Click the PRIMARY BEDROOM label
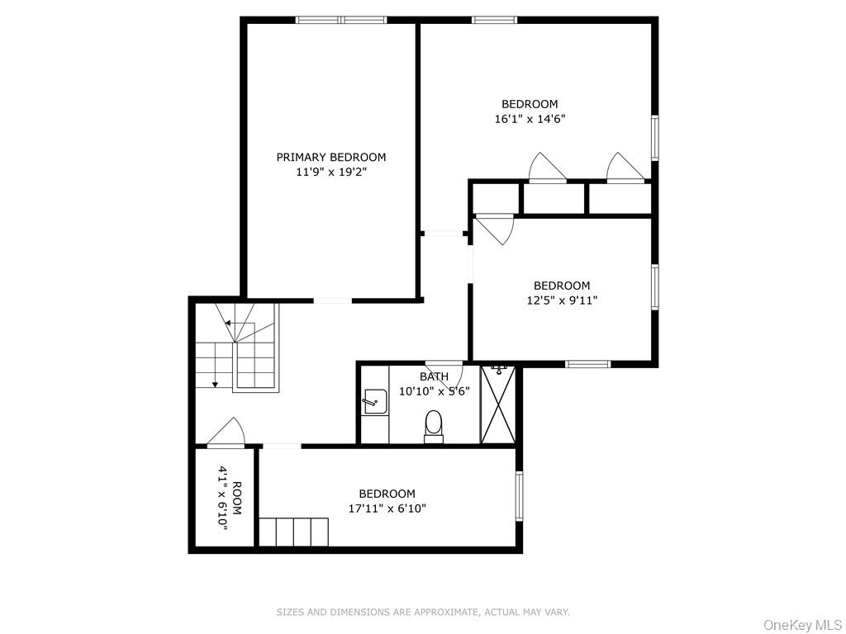coord(330,157)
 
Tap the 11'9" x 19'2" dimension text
coord(330,173)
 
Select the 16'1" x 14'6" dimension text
coord(530,119)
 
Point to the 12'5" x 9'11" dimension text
coord(562,300)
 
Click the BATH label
coord(434,376)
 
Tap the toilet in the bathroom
coord(434,427)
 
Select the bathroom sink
coord(374,402)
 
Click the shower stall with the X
coord(497,405)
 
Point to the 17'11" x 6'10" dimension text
coord(387,509)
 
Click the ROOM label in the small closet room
coord(237,498)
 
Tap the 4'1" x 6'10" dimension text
coord(223,498)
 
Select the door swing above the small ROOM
coord(226,433)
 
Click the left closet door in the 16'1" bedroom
coord(546,168)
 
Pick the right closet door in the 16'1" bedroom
coord(625,168)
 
